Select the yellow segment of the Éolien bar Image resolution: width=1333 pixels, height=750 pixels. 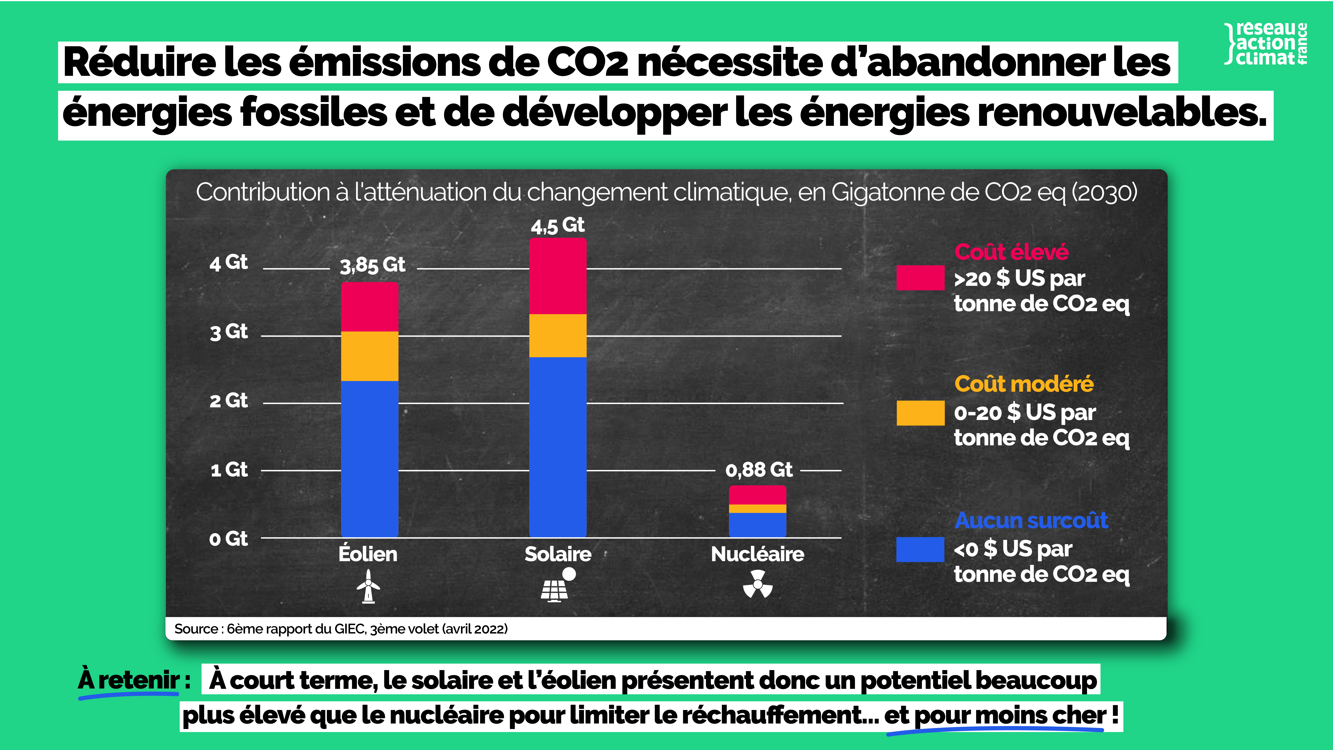click(369, 356)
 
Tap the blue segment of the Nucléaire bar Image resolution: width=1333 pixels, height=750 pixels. click(757, 524)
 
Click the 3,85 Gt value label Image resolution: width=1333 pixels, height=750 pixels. click(372, 265)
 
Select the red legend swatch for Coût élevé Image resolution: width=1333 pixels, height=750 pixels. click(920, 278)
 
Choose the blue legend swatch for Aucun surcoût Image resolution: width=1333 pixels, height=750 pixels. click(920, 549)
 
